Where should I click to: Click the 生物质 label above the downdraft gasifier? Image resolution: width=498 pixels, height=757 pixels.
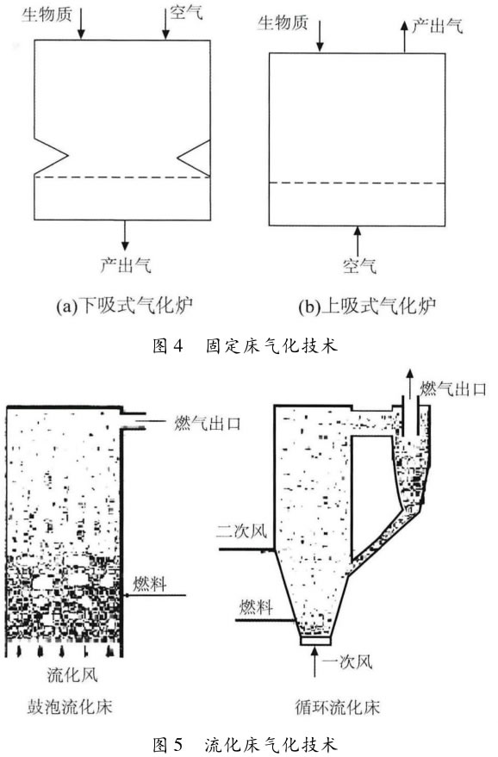47,14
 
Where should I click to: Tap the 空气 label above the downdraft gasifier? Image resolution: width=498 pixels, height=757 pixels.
186,12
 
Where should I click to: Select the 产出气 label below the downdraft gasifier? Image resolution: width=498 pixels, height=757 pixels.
126,264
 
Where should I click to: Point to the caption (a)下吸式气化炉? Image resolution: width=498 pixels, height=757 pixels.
125,305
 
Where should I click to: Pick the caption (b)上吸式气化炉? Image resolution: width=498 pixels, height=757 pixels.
368,306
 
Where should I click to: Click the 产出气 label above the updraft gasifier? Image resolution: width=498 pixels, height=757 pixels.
437,25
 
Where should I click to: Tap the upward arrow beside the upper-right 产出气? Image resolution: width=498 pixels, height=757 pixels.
405,36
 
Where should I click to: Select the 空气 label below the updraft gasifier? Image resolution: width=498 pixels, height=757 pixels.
359,265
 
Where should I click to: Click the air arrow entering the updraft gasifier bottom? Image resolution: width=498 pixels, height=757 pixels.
358,241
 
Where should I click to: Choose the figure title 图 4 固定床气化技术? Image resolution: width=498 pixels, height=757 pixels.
245,345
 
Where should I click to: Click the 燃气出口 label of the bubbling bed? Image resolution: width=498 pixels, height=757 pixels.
208,424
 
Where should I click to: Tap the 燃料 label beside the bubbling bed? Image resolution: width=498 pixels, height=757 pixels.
150,584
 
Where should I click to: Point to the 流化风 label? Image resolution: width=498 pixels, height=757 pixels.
72,674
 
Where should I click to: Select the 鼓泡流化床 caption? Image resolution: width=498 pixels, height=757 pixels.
70,707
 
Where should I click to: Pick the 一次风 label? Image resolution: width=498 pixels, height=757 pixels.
348,661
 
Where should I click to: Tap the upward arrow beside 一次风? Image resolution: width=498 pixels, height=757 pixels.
315,662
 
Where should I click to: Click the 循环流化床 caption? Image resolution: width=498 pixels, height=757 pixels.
338,708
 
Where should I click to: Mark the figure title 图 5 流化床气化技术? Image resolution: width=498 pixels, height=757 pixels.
245,745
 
